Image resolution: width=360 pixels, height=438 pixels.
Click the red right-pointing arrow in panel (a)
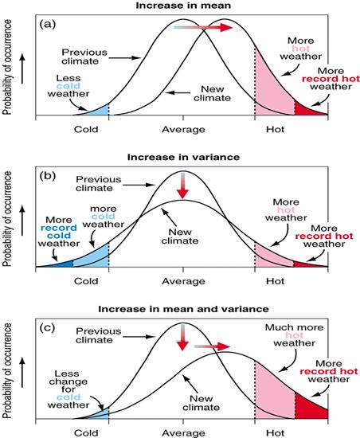213,27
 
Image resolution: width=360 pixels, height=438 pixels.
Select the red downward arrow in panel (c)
182,338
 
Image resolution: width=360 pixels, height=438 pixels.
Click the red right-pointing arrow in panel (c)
212,347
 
